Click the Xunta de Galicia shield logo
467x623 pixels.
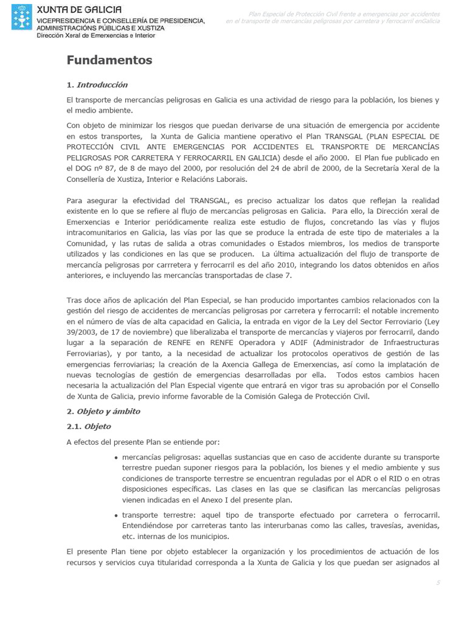click(22, 18)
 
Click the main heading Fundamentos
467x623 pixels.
click(109, 60)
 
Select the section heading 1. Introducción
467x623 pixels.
click(97, 85)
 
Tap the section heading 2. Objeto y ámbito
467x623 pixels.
click(103, 411)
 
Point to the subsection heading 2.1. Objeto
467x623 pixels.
click(89, 426)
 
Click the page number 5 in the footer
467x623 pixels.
click(437, 583)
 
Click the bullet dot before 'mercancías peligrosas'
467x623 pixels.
click(116, 458)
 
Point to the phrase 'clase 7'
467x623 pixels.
click(277, 276)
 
